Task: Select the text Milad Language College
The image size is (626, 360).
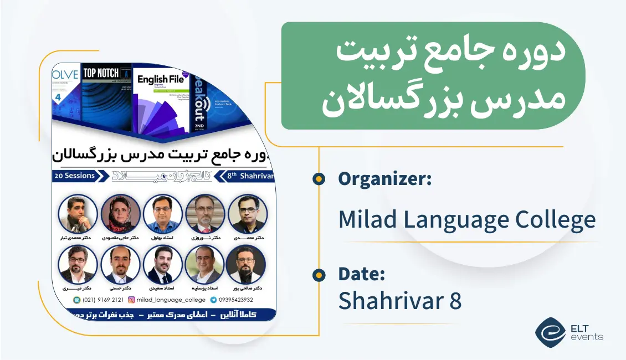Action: (466, 220)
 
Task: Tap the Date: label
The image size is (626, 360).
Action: (361, 274)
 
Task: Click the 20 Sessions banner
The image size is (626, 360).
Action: (74, 176)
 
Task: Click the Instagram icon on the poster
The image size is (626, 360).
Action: (131, 300)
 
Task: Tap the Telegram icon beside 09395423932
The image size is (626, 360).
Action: (213, 300)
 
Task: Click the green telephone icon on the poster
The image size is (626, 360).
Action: (76, 300)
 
